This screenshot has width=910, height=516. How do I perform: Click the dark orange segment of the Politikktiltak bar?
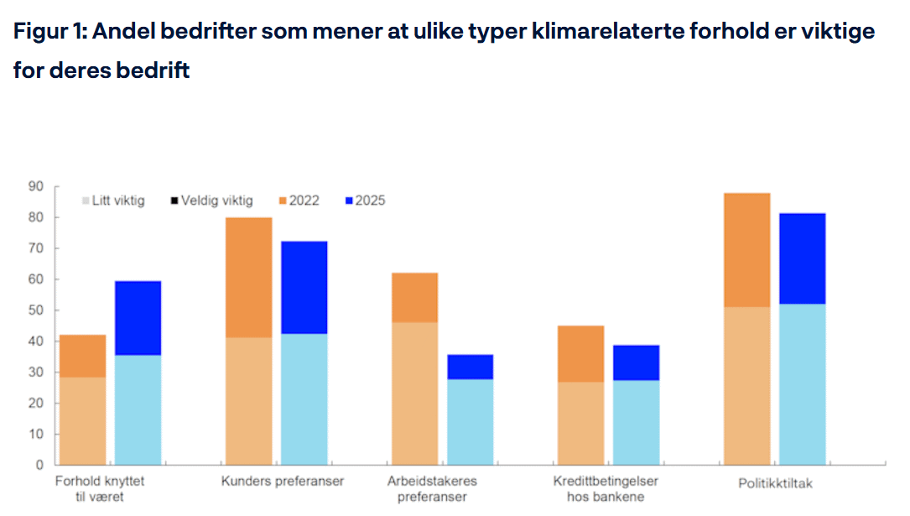(x=746, y=250)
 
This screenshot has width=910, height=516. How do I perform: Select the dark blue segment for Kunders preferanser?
(x=304, y=287)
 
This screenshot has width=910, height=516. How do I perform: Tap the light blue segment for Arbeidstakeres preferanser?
(x=470, y=421)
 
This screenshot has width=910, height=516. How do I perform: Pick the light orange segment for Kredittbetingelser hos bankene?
(x=580, y=423)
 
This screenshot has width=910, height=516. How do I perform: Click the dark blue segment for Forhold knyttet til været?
(x=138, y=318)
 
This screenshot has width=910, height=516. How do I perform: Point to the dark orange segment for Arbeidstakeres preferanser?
(x=414, y=297)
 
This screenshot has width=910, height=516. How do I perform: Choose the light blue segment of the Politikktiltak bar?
(x=802, y=383)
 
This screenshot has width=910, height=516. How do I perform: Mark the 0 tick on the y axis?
(x=39, y=464)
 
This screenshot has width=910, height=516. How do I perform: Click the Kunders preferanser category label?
(x=283, y=482)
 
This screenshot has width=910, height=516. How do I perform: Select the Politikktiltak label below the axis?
(x=775, y=483)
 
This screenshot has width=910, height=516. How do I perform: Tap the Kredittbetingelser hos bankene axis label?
(x=606, y=488)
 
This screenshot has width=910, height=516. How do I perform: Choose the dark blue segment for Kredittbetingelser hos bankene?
(x=636, y=362)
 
